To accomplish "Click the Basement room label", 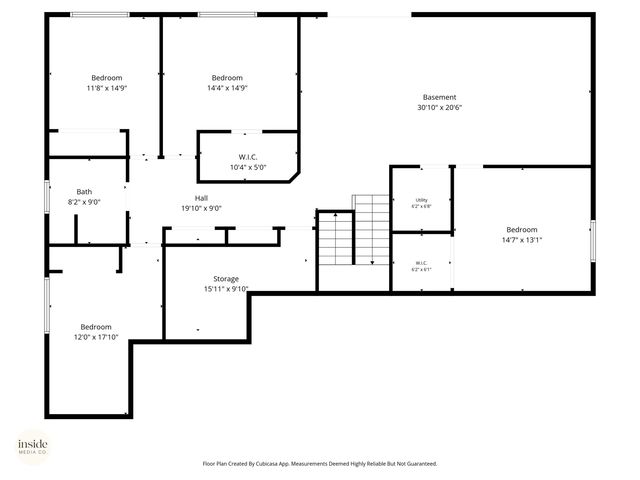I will [x=439, y=97].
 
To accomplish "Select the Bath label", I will [x=85, y=192].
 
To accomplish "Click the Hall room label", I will [x=201, y=198].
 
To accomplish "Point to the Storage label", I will [x=226, y=279].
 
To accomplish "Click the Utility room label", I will [x=421, y=200].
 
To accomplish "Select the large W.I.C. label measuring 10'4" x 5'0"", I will [x=249, y=157].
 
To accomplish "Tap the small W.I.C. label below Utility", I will [x=421, y=264].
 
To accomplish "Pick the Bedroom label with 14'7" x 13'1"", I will [x=521, y=229].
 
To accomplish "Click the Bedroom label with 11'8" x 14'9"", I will [x=107, y=78].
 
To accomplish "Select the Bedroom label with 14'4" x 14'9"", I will [x=227, y=78].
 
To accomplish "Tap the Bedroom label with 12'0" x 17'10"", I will [x=96, y=327].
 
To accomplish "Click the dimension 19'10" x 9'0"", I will [x=201, y=208].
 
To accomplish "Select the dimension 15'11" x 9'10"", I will [x=226, y=289].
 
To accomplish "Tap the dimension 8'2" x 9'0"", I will [x=85, y=202].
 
